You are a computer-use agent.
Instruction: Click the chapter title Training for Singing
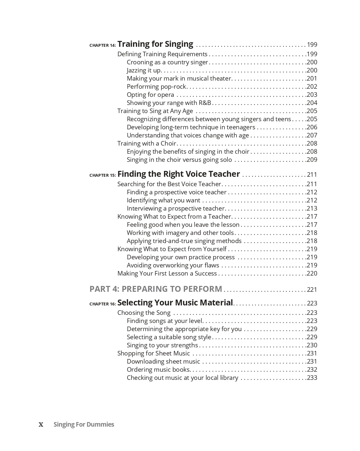155,44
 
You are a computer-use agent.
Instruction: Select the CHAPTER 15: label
102,175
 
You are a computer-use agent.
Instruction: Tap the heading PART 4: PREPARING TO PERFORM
156,289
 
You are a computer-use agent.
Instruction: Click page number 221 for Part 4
312,290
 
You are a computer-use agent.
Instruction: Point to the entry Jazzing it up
144,70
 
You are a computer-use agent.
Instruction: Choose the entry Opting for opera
150,95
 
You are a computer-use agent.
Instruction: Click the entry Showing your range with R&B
169,103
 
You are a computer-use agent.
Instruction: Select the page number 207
312,135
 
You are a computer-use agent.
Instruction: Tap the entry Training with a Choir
147,143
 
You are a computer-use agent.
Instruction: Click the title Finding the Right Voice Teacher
179,174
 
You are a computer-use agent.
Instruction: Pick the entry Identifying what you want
163,200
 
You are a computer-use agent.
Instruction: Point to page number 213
312,208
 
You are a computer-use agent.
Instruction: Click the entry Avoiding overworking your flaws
173,265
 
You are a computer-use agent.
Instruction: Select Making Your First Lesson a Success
167,273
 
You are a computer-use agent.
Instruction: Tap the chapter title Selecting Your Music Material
175,303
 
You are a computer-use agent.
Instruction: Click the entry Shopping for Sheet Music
153,353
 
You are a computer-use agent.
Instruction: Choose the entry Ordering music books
158,369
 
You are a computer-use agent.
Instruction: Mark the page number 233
312,378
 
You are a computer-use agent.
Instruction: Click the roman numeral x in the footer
41,425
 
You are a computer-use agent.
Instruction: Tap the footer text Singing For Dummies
84,424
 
